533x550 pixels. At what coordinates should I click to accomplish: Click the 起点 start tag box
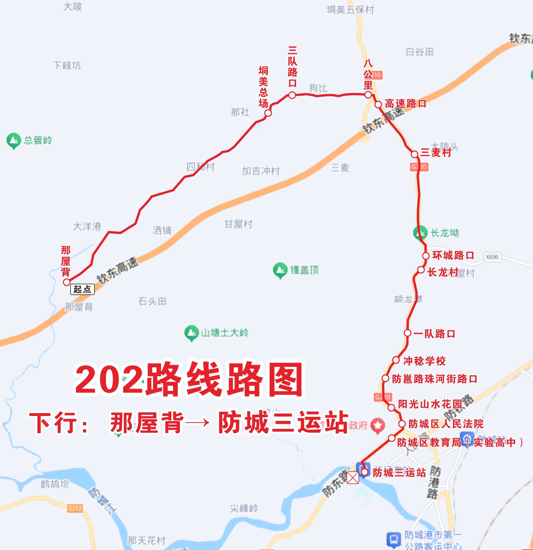82,289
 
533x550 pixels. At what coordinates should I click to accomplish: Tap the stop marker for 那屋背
66,282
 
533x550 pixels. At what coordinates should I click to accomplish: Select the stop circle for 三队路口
292,95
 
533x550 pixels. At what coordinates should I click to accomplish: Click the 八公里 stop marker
368,95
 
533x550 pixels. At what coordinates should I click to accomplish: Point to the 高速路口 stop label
405,104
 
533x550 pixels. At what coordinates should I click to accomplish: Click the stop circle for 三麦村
414,154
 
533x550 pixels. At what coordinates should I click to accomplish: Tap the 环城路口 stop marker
426,256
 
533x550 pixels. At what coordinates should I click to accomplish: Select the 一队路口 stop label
434,334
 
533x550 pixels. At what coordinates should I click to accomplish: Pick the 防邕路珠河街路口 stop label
435,379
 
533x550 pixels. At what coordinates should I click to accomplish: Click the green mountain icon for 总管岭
13,140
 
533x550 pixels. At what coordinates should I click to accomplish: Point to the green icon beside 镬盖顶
280,270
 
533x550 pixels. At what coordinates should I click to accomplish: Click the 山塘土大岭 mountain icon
191,333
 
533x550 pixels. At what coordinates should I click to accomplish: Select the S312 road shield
75,508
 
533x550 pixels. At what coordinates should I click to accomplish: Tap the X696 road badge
492,257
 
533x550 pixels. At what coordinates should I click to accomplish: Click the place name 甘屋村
239,224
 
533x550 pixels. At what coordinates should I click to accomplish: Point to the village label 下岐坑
67,65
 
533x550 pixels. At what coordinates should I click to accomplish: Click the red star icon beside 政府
378,426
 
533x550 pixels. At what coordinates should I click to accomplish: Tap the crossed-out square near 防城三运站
353,478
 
